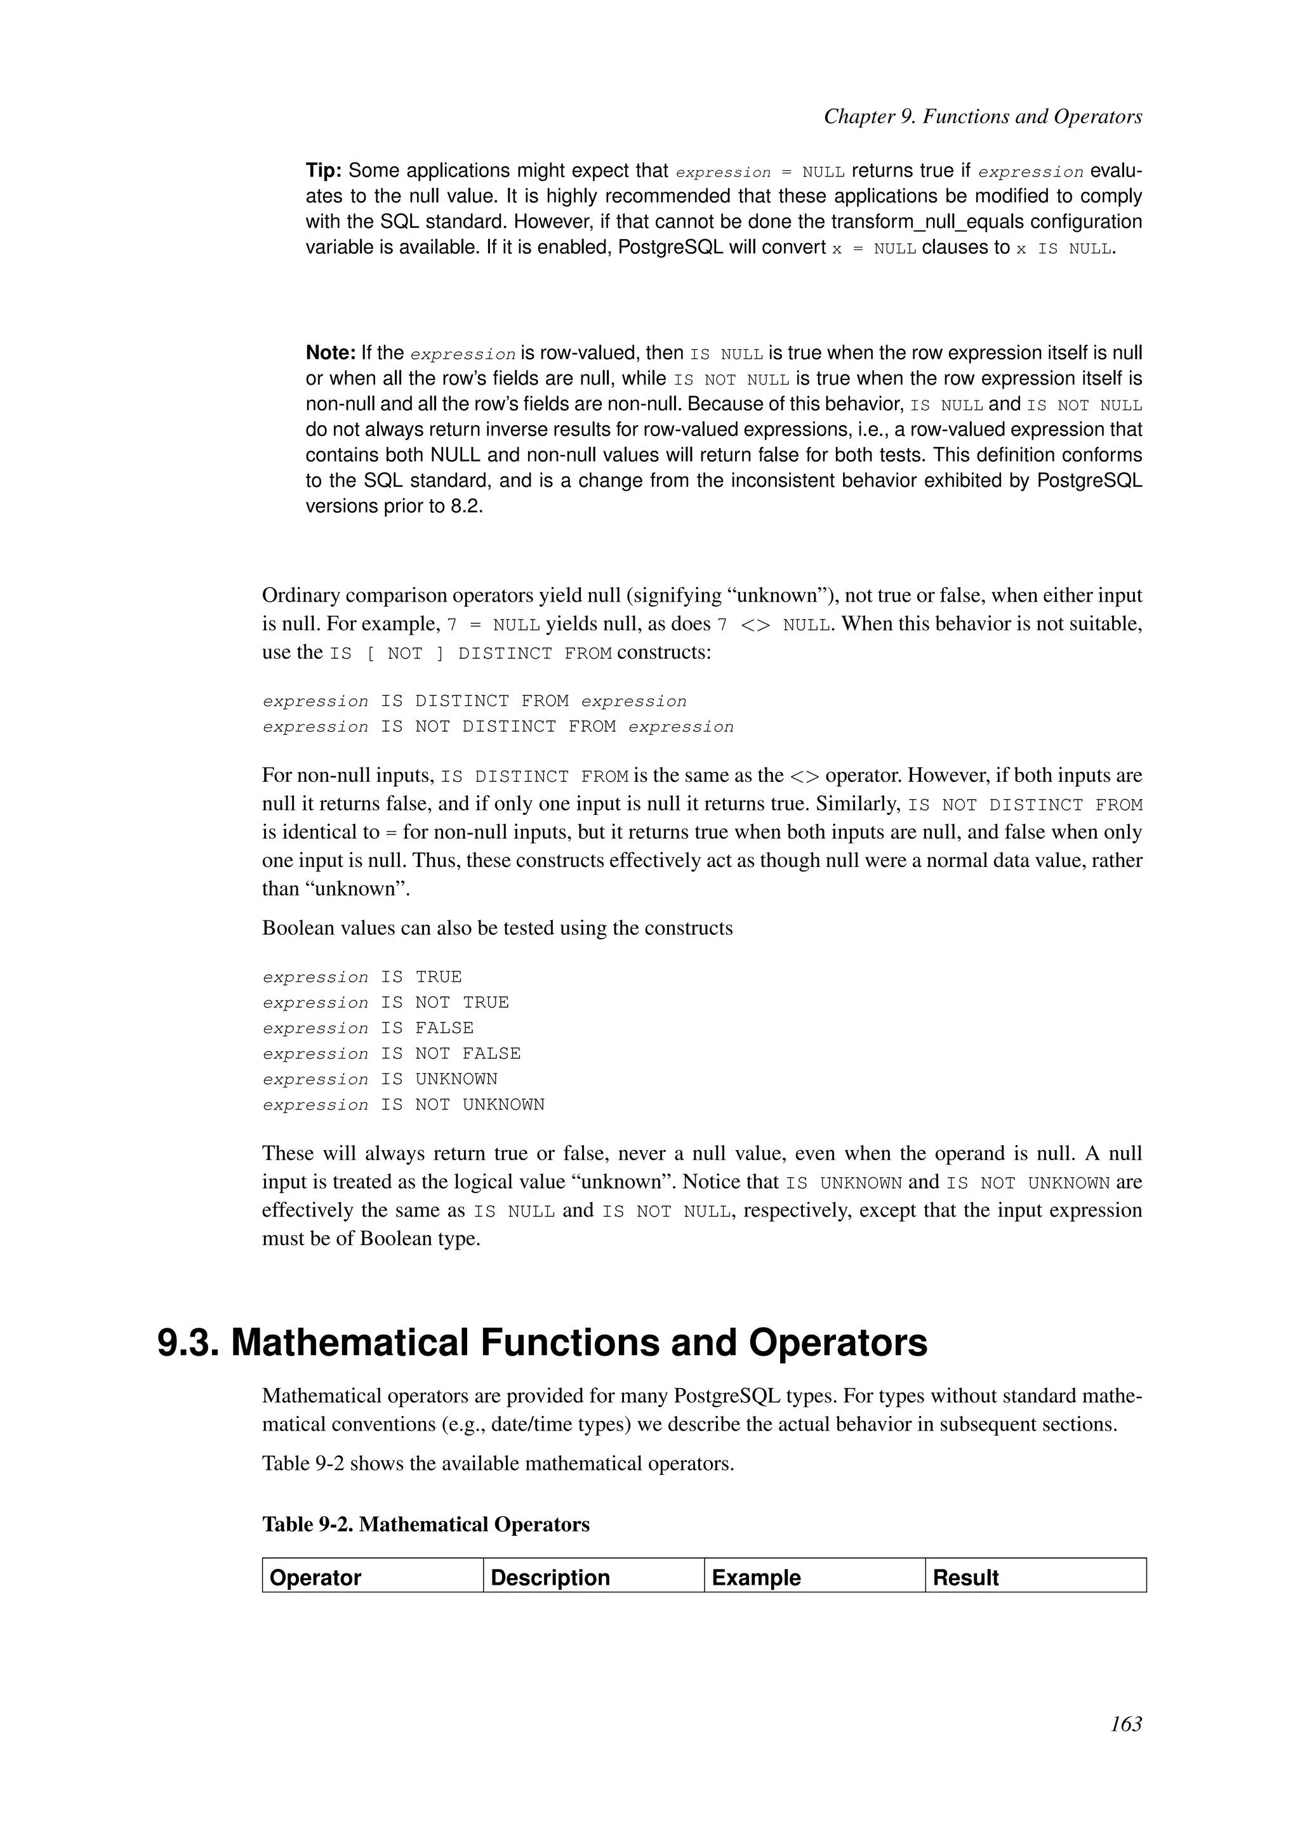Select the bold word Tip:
(x=324, y=171)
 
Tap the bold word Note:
(x=330, y=352)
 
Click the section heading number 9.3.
(x=188, y=1342)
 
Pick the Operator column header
(x=315, y=1577)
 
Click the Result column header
(x=965, y=1577)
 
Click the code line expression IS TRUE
(x=362, y=977)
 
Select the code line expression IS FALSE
(x=368, y=1028)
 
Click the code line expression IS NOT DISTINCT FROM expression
(x=498, y=727)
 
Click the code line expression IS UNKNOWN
(x=380, y=1079)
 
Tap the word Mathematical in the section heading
(x=349, y=1342)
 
